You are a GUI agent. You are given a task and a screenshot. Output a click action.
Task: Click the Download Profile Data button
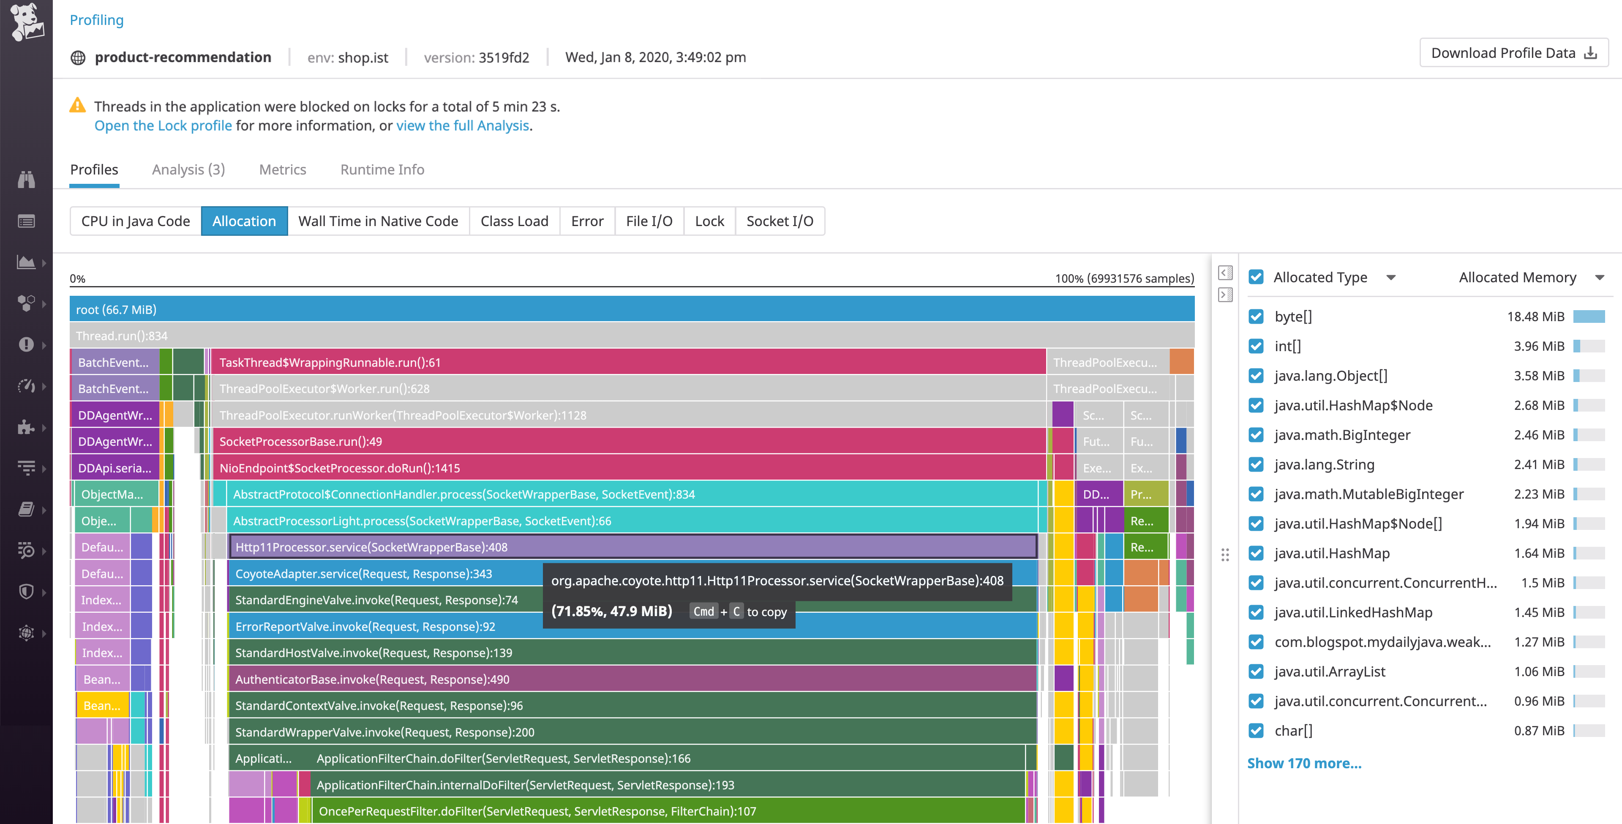pos(1513,53)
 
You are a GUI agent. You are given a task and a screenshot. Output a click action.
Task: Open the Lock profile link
pos(163,126)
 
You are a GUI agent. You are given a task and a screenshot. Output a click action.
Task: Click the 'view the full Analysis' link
pos(462,126)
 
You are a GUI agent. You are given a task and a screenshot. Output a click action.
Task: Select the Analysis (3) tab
pos(188,169)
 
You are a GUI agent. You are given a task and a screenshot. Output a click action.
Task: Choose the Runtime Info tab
pos(382,169)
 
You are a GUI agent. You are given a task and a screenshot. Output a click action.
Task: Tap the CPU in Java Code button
pos(135,221)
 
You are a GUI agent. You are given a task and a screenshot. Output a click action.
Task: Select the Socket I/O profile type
pos(780,221)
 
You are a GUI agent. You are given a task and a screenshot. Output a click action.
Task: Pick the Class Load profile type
pos(515,221)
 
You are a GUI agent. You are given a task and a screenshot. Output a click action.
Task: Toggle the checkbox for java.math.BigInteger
pos(1256,435)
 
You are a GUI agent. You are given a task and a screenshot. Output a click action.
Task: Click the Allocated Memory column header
pos(1518,277)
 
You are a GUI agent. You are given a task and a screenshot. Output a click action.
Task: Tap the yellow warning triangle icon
pos(77,105)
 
